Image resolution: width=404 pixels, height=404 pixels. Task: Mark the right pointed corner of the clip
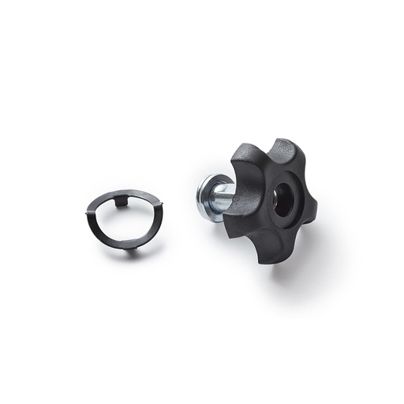click(x=162, y=207)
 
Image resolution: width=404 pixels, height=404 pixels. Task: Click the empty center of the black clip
click(x=124, y=225)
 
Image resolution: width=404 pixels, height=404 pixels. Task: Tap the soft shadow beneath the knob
click(x=292, y=264)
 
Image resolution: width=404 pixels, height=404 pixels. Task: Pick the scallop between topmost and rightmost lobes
click(x=304, y=175)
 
